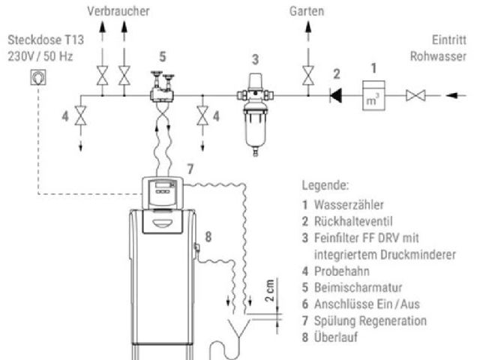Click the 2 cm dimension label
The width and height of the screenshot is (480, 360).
pos(279,290)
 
